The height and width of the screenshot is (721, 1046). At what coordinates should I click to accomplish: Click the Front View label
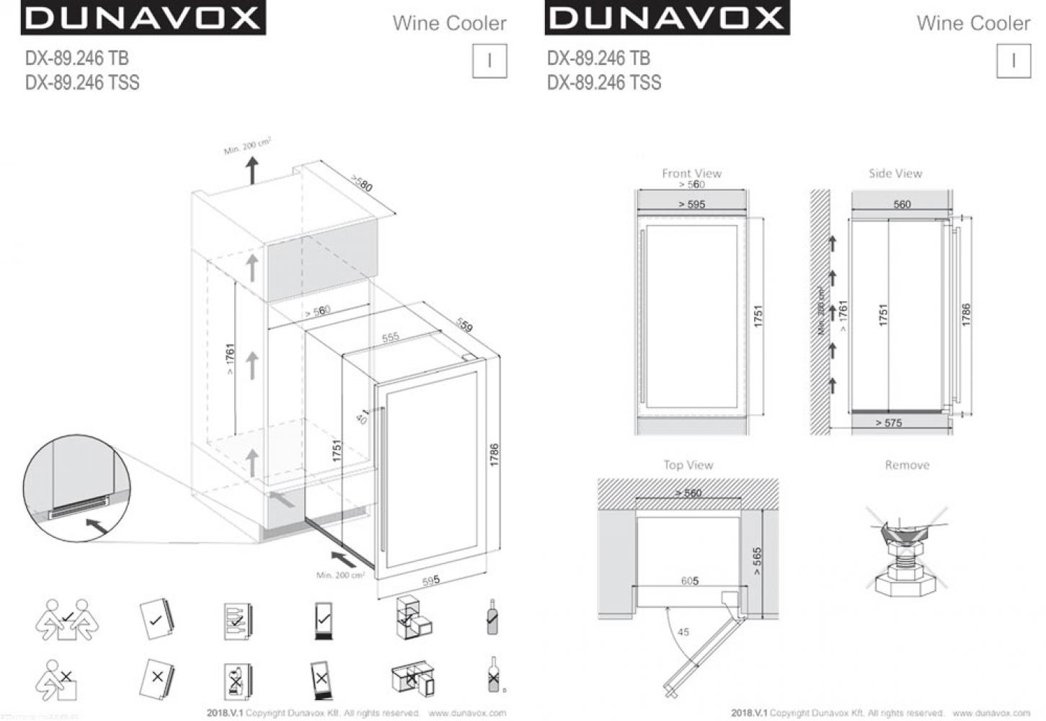tap(691, 173)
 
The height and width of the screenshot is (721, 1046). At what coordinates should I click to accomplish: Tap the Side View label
tap(895, 173)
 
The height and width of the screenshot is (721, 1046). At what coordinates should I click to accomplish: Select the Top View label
tap(688, 465)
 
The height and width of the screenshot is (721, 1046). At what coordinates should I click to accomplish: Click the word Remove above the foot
tap(907, 465)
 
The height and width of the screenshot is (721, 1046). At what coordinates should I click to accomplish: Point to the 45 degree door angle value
tap(683, 632)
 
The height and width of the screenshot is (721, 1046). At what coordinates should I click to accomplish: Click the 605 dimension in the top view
tap(690, 580)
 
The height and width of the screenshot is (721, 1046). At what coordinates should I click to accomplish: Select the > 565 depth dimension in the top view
tap(756, 561)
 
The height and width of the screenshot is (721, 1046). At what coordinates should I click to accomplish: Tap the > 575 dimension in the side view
tap(888, 423)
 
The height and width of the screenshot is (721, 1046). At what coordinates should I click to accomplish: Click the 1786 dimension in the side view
tap(966, 314)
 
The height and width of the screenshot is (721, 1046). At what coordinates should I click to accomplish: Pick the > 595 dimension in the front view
tap(691, 204)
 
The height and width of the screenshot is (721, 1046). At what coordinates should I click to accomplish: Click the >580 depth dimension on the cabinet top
tap(362, 183)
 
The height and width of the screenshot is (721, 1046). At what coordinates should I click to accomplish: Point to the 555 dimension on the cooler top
tap(390, 337)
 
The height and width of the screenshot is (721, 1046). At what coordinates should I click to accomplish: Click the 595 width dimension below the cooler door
tap(431, 580)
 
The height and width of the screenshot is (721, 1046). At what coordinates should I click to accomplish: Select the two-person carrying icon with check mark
tap(68, 619)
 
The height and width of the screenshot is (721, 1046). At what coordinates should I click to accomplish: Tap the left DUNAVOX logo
tap(142, 18)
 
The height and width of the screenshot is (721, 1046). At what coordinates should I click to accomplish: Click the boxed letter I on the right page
tap(1013, 61)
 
